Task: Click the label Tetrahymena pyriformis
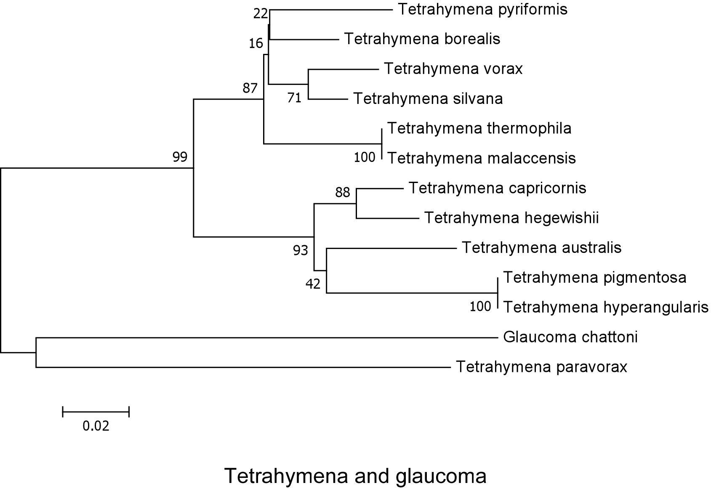tap(482, 9)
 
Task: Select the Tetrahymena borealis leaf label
tap(422, 39)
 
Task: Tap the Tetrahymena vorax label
tap(453, 69)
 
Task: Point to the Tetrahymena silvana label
tap(428, 99)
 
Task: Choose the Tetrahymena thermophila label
tap(479, 128)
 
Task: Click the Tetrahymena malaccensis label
tap(481, 158)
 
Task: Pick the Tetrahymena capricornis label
tap(497, 188)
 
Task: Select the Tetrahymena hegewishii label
tap(511, 218)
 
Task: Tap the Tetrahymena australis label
tap(541, 247)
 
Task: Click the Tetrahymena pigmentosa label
tap(594, 278)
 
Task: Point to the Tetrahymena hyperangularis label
tap(606, 308)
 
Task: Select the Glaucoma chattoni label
tap(570, 337)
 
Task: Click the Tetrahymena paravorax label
tap(541, 367)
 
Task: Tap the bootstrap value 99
tap(180, 157)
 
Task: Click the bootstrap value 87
tap(250, 88)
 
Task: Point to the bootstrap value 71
tap(294, 98)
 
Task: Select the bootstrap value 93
tap(301, 251)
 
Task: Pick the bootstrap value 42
tap(313, 284)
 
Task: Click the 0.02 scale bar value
tap(96, 426)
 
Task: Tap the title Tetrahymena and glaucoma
tap(355, 476)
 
